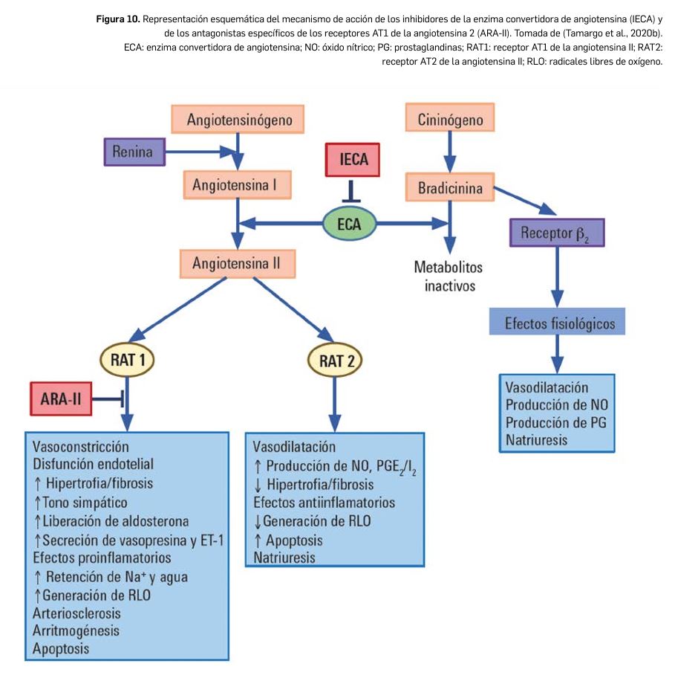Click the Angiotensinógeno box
235,119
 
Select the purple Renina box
133,153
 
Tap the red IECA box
352,161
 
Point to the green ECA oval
349,223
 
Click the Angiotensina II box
235,263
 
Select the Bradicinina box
449,188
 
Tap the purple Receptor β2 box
557,233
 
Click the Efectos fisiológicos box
555,323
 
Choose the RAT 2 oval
336,361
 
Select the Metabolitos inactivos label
449,276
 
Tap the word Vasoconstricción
81,446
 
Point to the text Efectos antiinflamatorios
324,503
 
